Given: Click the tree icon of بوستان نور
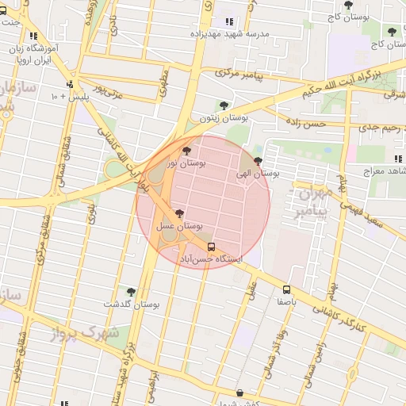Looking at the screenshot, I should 186,151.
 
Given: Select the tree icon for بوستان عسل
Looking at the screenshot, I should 179,213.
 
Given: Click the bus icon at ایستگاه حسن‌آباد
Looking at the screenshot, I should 210,246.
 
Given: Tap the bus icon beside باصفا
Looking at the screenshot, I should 286,289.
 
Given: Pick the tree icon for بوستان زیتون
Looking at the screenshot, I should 224,105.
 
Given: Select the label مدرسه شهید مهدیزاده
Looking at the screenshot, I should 230,34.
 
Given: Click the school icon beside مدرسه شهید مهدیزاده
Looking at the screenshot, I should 230,21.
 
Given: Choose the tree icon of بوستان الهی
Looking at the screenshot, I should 258,160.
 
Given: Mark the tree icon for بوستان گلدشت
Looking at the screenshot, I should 131,292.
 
